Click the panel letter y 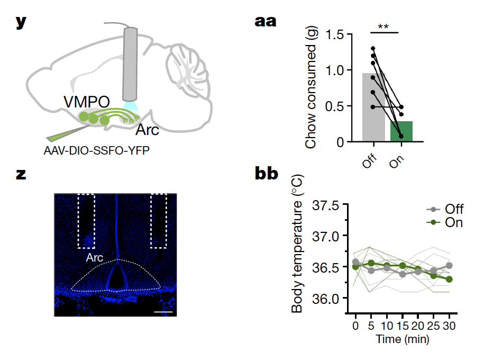(21, 22)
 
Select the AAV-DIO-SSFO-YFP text (97, 150)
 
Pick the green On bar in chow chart (401, 131)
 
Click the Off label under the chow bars (370, 160)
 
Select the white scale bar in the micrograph (163, 312)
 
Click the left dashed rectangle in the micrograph (86, 221)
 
